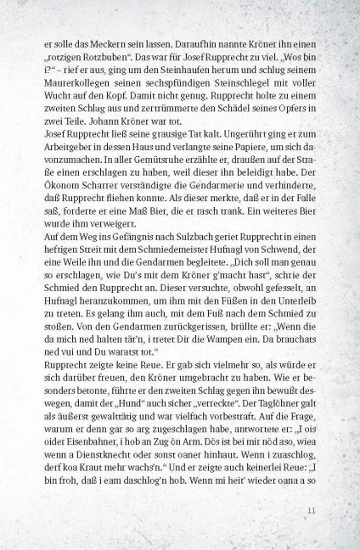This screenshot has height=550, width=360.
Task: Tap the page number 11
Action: click(312, 534)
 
